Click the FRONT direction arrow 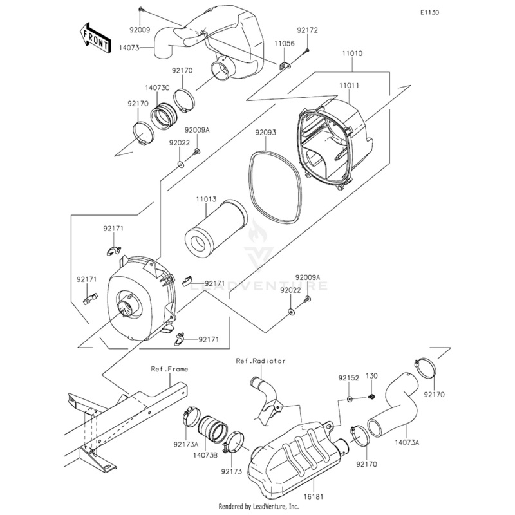pos(94,39)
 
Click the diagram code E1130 pos(429,13)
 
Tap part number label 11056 pos(285,43)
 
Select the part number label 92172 pos(308,30)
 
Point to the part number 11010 pos(352,53)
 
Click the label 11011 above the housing pos(349,86)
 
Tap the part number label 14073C pos(157,88)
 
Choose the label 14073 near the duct pos(129,48)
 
